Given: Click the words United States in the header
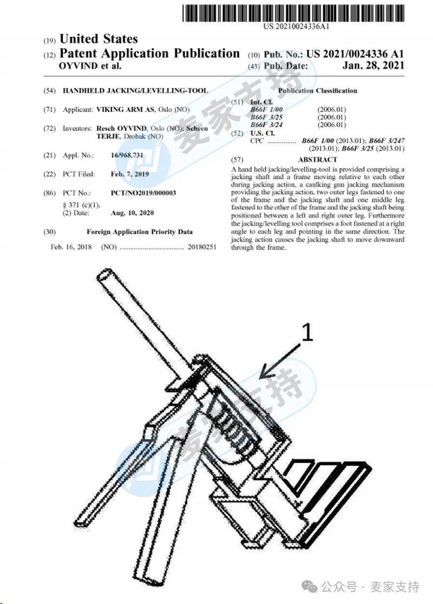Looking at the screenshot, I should pos(98,39).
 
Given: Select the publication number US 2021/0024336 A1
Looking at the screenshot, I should pos(355,54).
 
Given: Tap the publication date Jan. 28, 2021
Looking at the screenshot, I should pos(373,66).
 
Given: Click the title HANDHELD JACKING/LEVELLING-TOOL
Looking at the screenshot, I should pos(135,91).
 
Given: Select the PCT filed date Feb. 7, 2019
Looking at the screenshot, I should pos(129,174).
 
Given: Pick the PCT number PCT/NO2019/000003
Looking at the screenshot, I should pos(143,193).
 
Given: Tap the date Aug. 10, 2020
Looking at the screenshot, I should pos(133,213).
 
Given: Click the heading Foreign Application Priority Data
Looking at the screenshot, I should pos(140,232).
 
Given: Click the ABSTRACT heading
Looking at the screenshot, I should pos(317,160).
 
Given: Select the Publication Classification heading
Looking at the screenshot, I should pos(318,91).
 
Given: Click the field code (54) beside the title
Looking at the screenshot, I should pos(49,91).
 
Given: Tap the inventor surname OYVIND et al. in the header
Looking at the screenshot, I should pos(90,66).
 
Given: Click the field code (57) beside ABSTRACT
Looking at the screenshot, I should pos(237,160).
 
